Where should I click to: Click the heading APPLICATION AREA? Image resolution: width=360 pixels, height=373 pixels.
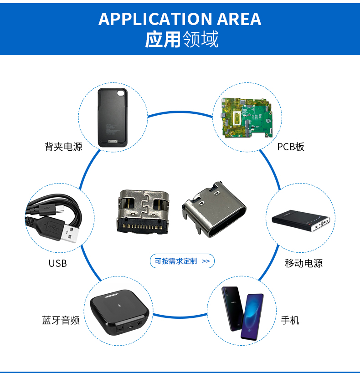click(x=180, y=19)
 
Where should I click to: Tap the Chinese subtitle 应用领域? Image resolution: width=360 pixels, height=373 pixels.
click(x=181, y=40)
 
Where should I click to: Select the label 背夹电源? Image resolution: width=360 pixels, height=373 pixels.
click(x=63, y=147)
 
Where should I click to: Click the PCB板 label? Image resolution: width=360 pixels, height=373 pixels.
click(x=290, y=147)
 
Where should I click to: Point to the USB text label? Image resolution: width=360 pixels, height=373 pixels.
click(x=57, y=263)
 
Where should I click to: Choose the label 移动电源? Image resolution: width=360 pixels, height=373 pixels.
click(x=303, y=263)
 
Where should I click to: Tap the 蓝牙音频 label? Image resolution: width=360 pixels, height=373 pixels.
click(x=61, y=320)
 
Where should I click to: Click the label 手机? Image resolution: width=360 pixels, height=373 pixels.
click(x=290, y=320)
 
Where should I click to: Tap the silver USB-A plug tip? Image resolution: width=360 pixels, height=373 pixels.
click(x=76, y=234)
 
